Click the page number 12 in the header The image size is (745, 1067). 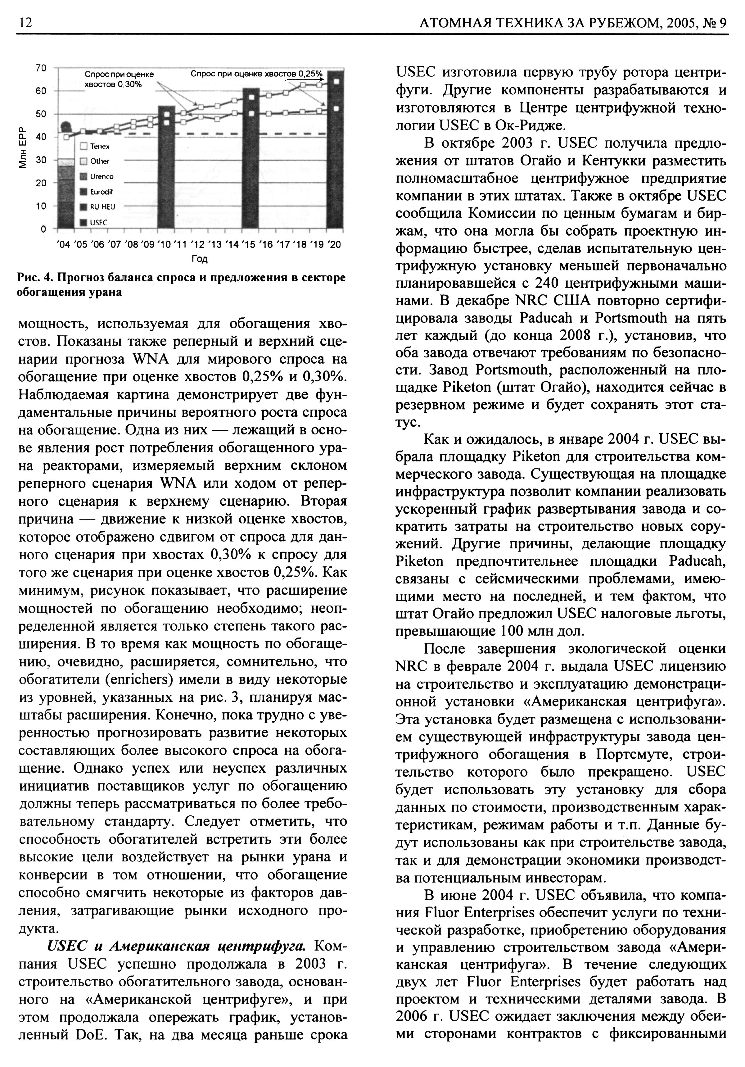[x=25, y=23]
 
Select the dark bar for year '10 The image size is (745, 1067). [x=167, y=167]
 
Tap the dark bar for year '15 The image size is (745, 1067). [x=251, y=158]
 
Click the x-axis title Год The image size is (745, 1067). [x=199, y=259]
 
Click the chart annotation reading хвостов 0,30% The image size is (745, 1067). [x=113, y=84]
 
